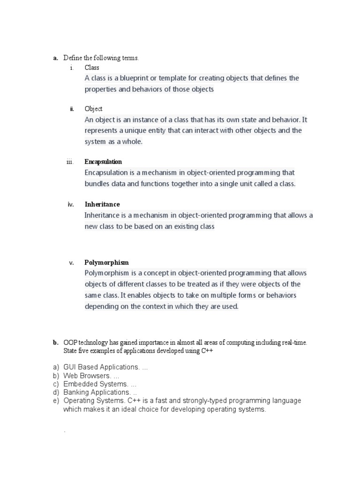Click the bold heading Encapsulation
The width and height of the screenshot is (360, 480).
tap(103, 162)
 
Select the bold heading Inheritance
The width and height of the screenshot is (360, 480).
tap(102, 204)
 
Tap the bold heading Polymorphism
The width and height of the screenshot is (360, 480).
tap(106, 262)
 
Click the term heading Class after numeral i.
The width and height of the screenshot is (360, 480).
tap(92, 67)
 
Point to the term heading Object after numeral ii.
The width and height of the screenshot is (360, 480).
tap(94, 109)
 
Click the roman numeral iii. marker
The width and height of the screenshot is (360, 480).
tap(70, 162)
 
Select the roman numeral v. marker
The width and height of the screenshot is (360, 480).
tap(72, 263)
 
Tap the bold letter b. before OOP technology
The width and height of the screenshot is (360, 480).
tap(55, 343)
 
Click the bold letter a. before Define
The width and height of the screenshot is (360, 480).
tap(55, 58)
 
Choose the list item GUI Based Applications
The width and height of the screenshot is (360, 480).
tap(101, 367)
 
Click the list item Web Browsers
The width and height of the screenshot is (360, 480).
tap(87, 376)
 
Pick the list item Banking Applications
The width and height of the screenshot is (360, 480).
tap(97, 392)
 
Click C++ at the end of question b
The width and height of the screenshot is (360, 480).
tap(207, 351)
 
